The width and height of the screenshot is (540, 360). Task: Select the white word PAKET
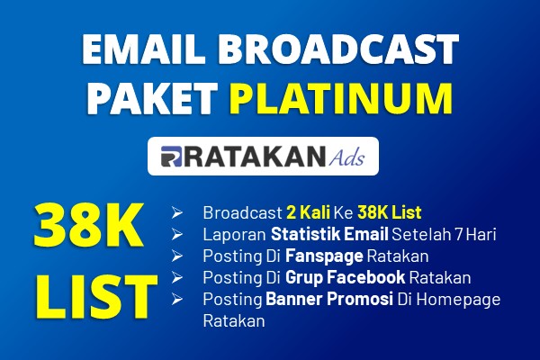(x=152, y=98)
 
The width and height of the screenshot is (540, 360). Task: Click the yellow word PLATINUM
(x=340, y=98)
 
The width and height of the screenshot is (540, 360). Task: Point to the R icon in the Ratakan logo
(x=171, y=157)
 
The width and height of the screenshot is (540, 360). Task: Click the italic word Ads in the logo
(x=346, y=157)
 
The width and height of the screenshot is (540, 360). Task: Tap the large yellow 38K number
(x=88, y=226)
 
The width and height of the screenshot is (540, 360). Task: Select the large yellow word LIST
(x=97, y=297)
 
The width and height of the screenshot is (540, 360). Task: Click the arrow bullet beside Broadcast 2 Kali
(x=177, y=213)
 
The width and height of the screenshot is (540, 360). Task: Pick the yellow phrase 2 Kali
(x=308, y=212)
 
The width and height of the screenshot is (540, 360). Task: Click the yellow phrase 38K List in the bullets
(x=390, y=212)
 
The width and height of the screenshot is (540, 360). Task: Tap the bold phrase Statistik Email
(x=329, y=235)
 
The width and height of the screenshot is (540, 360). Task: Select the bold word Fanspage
(x=324, y=256)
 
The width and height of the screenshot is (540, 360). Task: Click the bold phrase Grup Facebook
(x=345, y=278)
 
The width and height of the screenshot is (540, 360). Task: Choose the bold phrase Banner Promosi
(x=329, y=299)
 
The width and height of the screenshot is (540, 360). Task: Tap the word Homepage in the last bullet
(x=458, y=300)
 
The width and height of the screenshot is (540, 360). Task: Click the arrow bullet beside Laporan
(x=177, y=235)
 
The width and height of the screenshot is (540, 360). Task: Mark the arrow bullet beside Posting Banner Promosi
(x=177, y=299)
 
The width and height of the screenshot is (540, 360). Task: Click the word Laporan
(x=235, y=235)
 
